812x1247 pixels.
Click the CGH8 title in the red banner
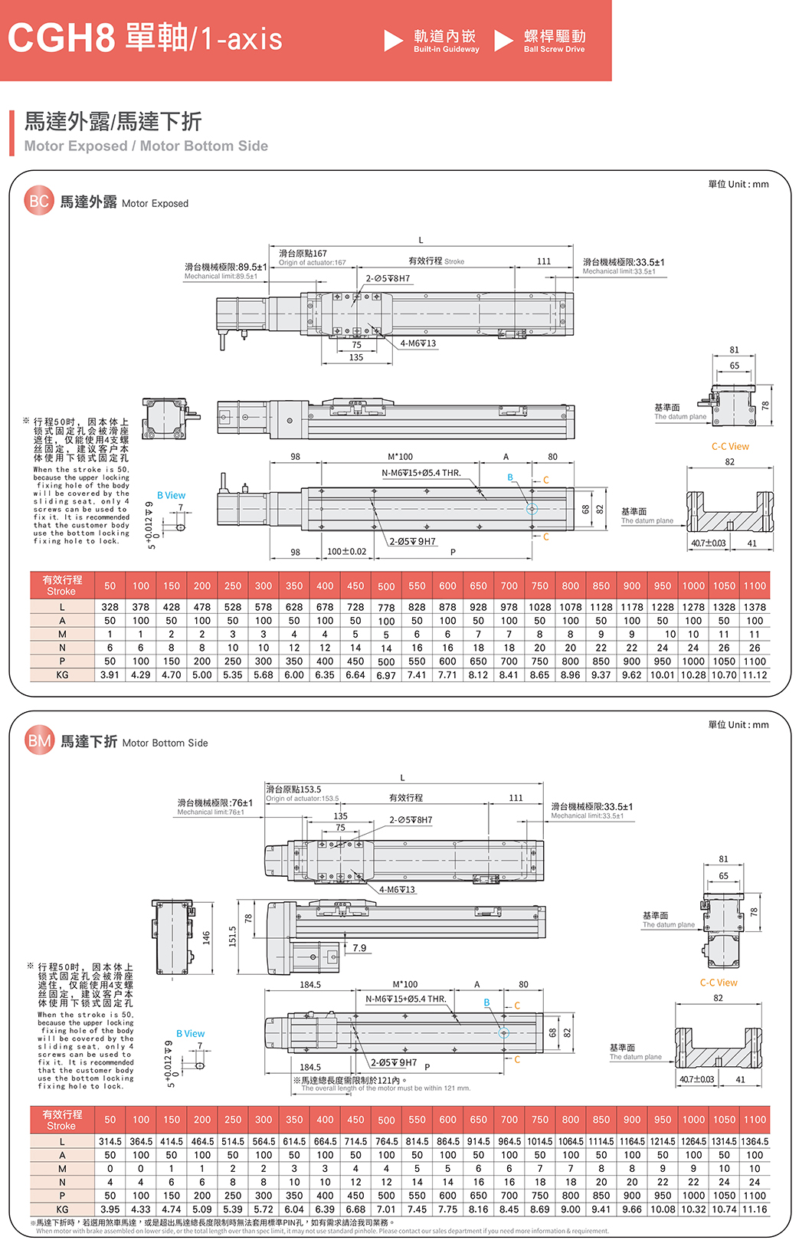[x=61, y=38]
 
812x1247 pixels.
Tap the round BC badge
[x=39, y=201]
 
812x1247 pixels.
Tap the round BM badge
[x=39, y=740]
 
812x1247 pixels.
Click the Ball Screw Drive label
[x=555, y=49]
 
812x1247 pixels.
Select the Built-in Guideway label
[x=446, y=49]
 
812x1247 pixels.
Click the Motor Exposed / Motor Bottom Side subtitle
[x=146, y=146]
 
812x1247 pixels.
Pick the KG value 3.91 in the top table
[x=110, y=674]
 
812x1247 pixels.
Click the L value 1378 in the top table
[x=755, y=606]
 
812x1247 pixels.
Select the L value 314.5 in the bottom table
[x=110, y=1141]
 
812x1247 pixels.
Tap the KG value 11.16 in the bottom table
[x=755, y=1209]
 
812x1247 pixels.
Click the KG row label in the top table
[x=62, y=674]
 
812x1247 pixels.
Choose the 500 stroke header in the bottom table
[x=386, y=1120]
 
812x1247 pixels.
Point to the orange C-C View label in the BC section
[x=730, y=446]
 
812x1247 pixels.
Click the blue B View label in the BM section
[x=190, y=1033]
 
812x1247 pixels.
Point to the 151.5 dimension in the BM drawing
[x=233, y=936]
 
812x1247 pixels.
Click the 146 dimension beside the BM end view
[x=206, y=937]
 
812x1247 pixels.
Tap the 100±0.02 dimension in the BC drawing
[x=346, y=551]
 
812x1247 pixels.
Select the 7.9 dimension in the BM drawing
[x=359, y=948]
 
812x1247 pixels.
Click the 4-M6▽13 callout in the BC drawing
[x=418, y=343]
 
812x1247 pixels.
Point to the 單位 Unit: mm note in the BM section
[x=738, y=724]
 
